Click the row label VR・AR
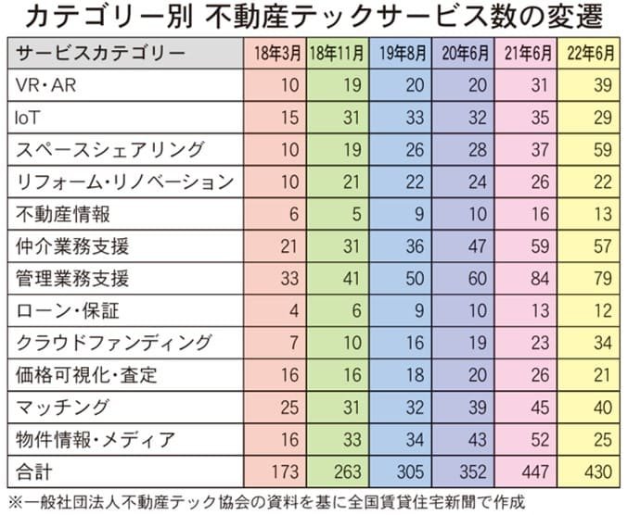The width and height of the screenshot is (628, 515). (44, 86)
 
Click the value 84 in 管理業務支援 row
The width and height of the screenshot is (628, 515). (539, 279)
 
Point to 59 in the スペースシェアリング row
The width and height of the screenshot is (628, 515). (602, 150)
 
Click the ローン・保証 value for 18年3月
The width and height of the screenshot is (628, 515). (292, 310)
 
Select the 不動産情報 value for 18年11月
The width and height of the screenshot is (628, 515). (353, 214)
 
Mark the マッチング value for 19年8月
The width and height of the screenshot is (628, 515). (414, 408)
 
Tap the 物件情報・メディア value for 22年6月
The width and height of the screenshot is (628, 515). (602, 439)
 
